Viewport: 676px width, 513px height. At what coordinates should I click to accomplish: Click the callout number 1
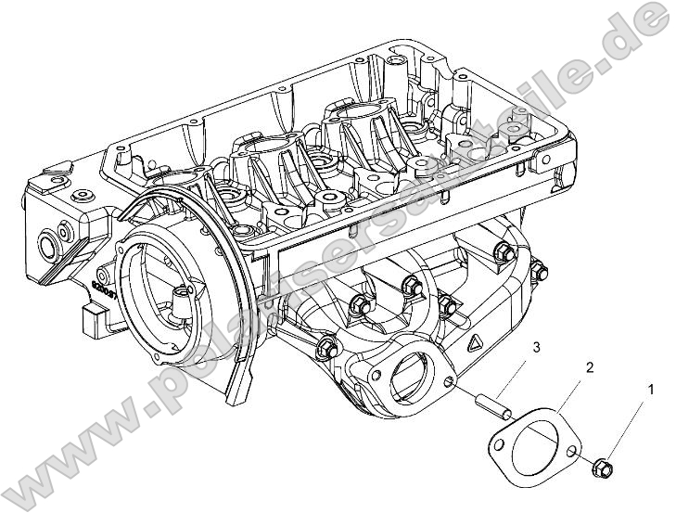click(650, 391)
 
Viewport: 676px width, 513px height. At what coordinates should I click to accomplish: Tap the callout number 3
click(536, 348)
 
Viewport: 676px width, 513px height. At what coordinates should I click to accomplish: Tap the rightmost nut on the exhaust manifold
click(539, 271)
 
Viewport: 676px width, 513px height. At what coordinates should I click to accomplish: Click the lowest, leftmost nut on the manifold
click(325, 349)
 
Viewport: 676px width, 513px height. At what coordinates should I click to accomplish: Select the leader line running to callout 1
click(627, 426)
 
